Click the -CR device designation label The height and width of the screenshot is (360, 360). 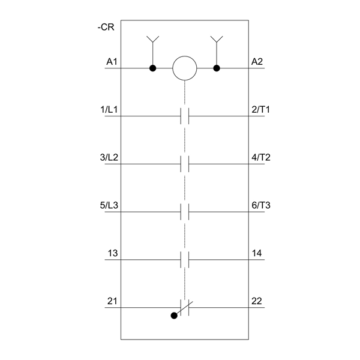point(106,27)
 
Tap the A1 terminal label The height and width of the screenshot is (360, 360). point(112,62)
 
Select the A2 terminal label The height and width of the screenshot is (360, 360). point(257,62)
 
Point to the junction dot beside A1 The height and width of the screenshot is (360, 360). point(152,68)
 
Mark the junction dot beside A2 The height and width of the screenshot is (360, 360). point(217,68)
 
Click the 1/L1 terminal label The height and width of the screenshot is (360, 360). point(109,110)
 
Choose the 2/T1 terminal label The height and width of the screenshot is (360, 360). point(260,110)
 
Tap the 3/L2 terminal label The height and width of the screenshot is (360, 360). point(109,157)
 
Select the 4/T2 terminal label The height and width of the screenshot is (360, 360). point(261,157)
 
